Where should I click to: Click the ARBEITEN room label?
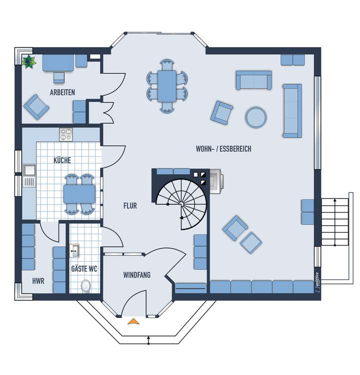62,92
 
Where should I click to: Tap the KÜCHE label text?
62,160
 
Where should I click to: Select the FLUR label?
130,205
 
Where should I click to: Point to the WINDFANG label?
136,275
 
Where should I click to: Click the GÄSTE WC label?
83,269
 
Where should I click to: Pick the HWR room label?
38,281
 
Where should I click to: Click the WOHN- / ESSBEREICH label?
223,149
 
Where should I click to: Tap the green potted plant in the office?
29,61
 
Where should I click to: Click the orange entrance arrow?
133,321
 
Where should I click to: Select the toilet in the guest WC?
85,285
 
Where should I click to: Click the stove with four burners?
66,134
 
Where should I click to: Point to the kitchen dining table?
79,193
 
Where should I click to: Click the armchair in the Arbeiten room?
35,107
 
